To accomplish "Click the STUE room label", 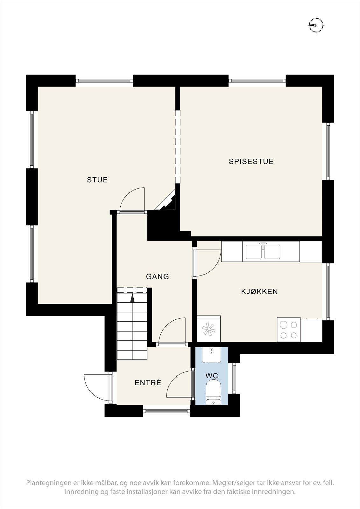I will point(97,180).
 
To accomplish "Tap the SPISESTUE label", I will point(251,162).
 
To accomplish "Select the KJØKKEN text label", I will point(259,291).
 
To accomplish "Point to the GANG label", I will point(157,277).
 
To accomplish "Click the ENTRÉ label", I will point(148,383).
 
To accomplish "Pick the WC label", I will point(212,376).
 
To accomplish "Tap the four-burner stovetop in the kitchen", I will point(289,330).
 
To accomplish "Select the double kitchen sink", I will point(263,251).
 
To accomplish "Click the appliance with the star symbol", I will point(209,329).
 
